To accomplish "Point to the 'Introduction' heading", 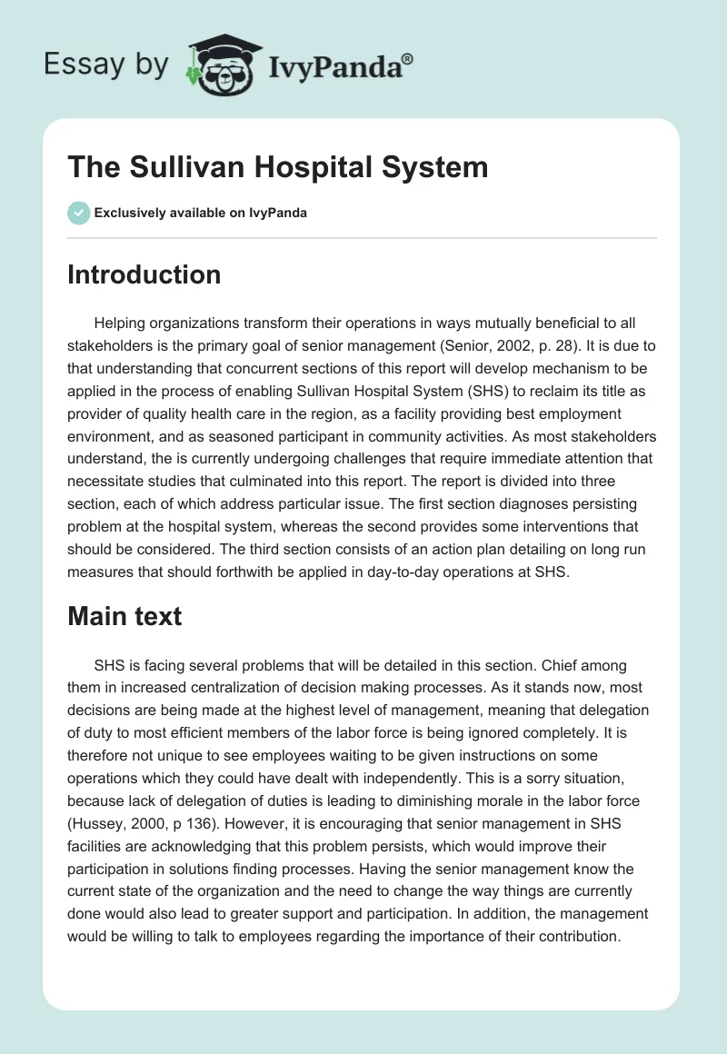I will coord(144,274).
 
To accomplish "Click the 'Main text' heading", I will coord(124,616).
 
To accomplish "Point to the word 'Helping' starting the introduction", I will coord(121,324).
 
